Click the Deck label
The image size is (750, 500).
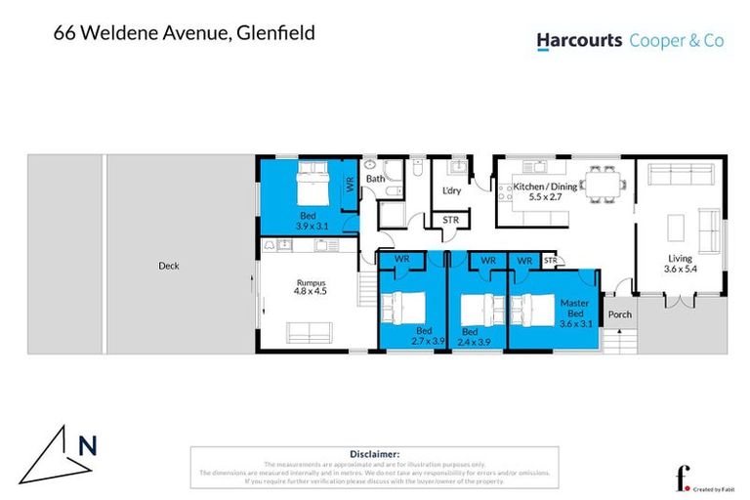tap(168, 266)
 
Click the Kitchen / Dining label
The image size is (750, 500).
tap(553, 191)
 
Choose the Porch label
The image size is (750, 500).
tap(620, 314)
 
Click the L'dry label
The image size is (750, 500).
tap(451, 190)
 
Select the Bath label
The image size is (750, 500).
tap(375, 180)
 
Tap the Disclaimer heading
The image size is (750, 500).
tap(374, 454)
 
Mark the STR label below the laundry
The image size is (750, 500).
tap(451, 221)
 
